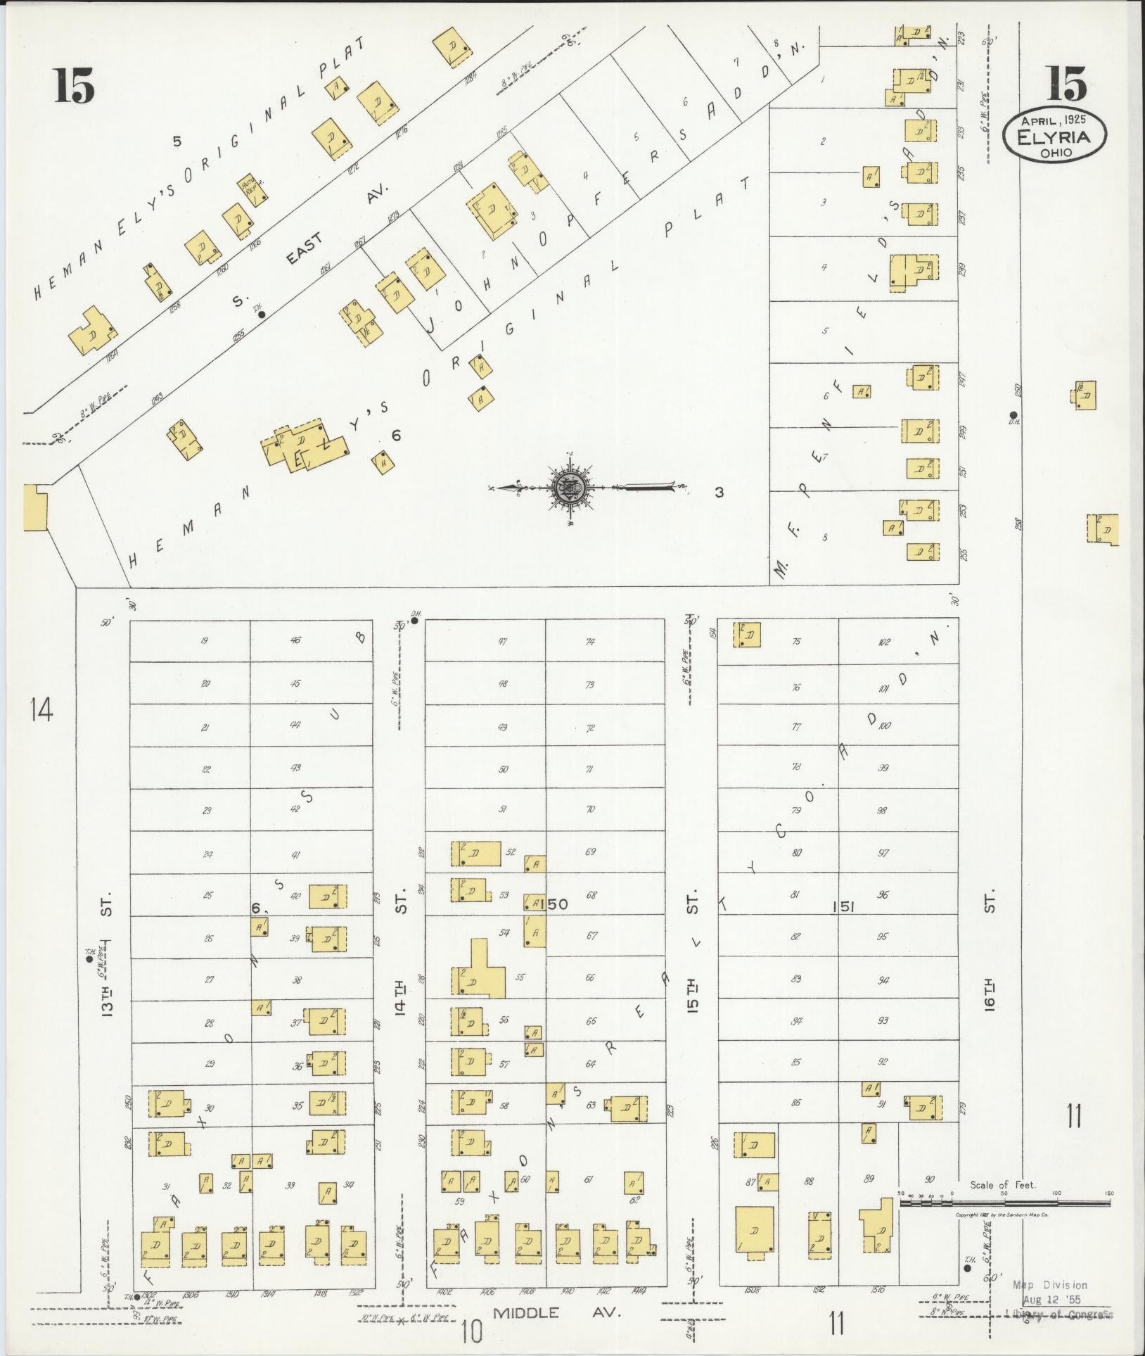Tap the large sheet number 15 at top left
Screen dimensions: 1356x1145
73,88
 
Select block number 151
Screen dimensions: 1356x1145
843,908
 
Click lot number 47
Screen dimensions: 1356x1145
502,642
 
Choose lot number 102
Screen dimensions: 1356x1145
884,642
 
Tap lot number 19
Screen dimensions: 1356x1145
204,641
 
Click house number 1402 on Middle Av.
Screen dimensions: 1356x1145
444,1291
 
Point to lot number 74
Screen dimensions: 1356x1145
590,642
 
